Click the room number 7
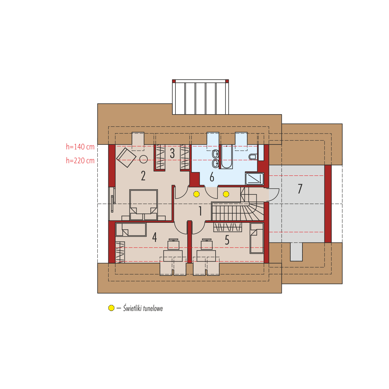(x=300, y=189)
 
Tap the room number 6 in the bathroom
(x=212, y=177)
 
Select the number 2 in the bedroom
(x=143, y=176)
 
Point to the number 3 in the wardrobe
(x=172, y=153)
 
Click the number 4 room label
(x=155, y=237)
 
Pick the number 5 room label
(x=227, y=240)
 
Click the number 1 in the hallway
(x=200, y=211)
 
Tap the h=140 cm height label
(x=80, y=147)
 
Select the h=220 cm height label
(x=80, y=161)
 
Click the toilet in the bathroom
(x=252, y=157)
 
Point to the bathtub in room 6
(x=226, y=157)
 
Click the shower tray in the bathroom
(x=254, y=179)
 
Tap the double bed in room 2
(x=143, y=205)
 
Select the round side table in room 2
(x=143, y=159)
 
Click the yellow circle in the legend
(x=111, y=308)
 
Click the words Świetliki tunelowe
(x=143, y=308)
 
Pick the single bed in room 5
(x=256, y=238)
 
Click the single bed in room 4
(x=131, y=229)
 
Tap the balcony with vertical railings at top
(x=200, y=97)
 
